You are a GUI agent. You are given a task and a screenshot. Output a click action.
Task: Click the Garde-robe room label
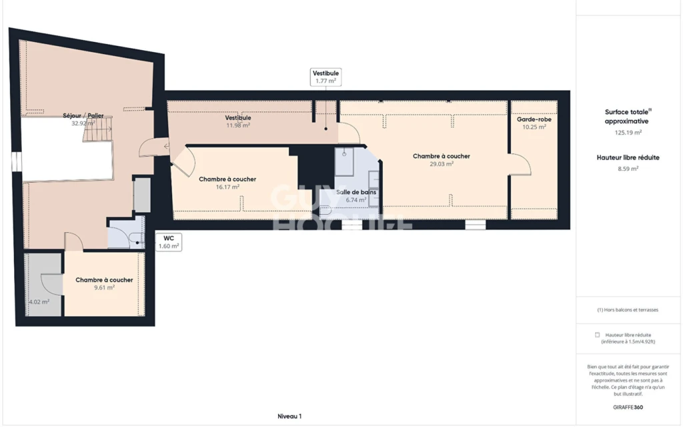[534, 119]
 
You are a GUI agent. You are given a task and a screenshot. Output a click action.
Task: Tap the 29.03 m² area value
[442, 164]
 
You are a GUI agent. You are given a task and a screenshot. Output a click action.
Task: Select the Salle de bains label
[356, 192]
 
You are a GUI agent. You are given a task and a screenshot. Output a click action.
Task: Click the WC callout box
[169, 242]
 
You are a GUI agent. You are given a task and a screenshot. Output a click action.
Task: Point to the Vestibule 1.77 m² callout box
[325, 77]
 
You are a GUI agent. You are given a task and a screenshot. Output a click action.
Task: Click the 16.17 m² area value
[227, 187]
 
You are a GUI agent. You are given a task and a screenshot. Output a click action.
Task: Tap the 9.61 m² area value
[104, 288]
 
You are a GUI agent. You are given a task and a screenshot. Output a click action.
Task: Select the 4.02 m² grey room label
[39, 302]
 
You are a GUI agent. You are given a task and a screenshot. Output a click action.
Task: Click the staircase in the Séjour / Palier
[98, 129]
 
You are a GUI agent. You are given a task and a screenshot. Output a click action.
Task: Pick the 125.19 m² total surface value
[628, 133]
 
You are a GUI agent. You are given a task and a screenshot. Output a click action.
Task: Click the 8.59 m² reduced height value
[628, 169]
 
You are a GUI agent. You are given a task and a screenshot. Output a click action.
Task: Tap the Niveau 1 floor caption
[289, 416]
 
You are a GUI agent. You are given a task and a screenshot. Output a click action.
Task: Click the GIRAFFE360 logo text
[628, 408]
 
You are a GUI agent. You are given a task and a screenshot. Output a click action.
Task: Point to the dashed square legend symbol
[597, 335]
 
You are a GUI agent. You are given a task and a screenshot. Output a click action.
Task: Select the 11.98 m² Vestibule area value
[238, 125]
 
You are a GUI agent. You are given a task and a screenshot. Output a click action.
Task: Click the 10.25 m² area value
[534, 127]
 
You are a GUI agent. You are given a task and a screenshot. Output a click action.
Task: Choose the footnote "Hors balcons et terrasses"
[628, 310]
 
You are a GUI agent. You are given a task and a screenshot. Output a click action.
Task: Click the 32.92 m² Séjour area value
[83, 123]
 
